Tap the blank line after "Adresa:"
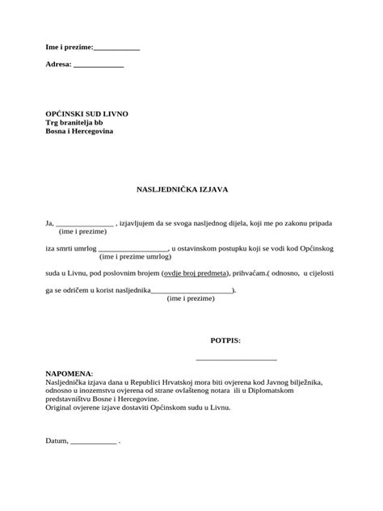(x=98, y=65)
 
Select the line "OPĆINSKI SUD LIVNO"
(x=86, y=113)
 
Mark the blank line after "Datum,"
(x=94, y=444)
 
